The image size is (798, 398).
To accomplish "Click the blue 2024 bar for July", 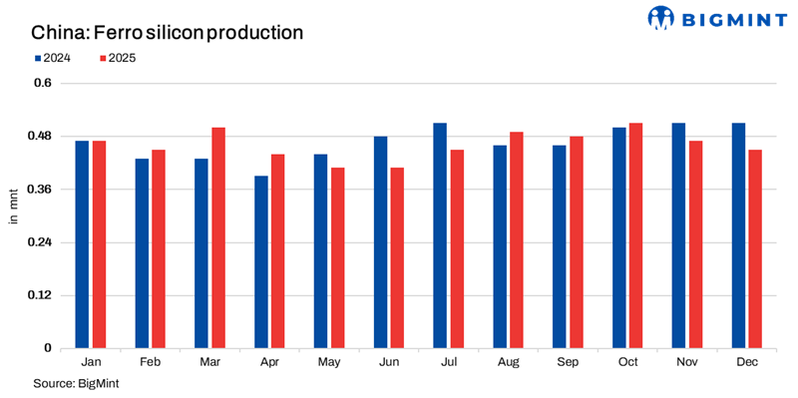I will coord(440,235).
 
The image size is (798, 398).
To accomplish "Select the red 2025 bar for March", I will coord(218,237).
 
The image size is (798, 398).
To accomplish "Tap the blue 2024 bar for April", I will coord(261,261).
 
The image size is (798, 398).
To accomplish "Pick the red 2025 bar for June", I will coord(397,257).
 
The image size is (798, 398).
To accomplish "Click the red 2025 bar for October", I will coord(635,235).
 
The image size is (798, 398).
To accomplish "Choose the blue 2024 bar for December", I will coord(738,235).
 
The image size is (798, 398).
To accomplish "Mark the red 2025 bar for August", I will coord(517,239).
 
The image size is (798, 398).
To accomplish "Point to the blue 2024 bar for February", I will coord(142,253).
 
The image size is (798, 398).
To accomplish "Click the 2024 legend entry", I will coord(56,59).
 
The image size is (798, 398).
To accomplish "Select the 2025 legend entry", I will coord(117,59).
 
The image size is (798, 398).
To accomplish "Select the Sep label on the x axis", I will coord(568,363).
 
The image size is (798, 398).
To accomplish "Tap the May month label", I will coord(328,363).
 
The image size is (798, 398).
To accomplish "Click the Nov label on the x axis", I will coord(687,363).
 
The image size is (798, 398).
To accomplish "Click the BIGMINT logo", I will coord(711,17).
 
